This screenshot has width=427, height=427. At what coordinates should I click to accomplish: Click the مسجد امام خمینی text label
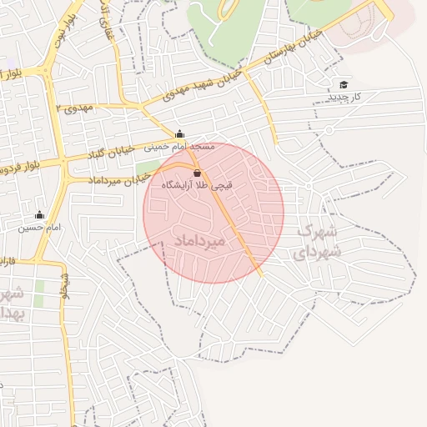point(179,147)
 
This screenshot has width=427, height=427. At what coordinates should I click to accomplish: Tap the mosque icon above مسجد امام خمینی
point(179,133)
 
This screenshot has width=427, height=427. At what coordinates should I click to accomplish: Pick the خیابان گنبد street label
point(109,153)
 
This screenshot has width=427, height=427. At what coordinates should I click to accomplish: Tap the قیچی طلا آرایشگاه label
point(196,186)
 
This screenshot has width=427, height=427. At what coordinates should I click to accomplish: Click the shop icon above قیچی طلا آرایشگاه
point(197,173)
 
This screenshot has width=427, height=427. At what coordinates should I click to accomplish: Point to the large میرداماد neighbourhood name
point(201,240)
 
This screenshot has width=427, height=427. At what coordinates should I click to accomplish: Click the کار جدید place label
point(344,97)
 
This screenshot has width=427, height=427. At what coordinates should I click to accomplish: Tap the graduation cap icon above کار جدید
point(344,84)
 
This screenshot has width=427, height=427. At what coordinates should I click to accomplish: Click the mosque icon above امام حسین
point(39,214)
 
